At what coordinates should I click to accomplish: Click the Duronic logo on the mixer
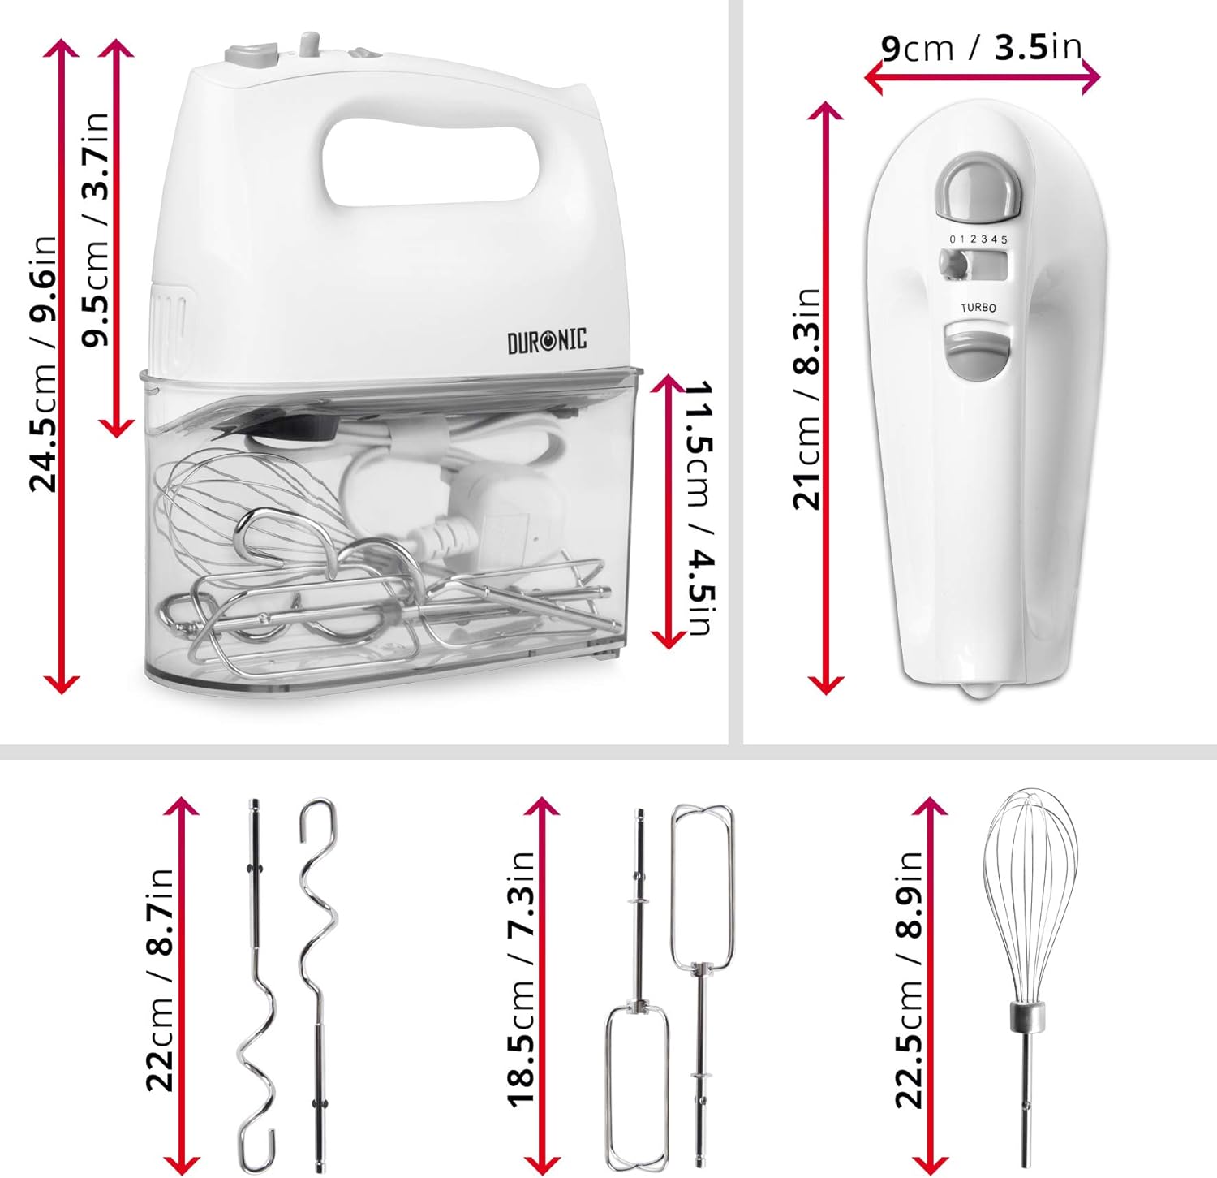[547, 341]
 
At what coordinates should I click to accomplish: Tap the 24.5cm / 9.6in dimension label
[43, 363]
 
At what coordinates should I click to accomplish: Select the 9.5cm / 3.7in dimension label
[95, 230]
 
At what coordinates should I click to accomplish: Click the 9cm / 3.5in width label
[982, 48]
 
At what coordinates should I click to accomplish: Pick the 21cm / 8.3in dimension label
[807, 398]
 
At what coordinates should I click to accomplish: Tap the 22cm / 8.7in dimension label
[160, 979]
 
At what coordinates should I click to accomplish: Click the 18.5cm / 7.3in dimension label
[522, 979]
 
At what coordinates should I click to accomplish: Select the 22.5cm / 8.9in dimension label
[910, 979]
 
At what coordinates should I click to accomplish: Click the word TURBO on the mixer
[978, 308]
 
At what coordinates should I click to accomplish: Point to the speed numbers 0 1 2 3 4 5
[978, 239]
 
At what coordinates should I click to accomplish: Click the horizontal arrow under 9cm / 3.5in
[982, 78]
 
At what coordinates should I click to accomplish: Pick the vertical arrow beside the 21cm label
[826, 398]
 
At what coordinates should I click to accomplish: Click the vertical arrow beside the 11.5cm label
[669, 511]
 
